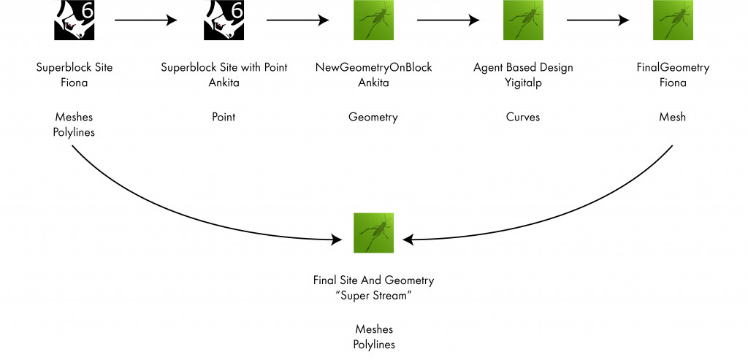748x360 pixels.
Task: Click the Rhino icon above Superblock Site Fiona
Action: point(75,20)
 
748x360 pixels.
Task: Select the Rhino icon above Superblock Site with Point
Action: point(224,20)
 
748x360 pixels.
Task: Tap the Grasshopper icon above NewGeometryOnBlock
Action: point(373,20)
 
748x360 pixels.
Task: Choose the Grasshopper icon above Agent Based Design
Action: point(523,20)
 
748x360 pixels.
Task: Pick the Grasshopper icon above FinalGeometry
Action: point(673,20)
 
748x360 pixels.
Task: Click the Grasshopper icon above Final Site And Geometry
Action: point(373,233)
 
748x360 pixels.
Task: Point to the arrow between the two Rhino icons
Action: point(146,20)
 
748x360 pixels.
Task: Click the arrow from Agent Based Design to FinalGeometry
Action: point(598,20)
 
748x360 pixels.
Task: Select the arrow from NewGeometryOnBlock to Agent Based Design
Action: point(448,20)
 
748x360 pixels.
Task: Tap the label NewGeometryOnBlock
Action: point(373,68)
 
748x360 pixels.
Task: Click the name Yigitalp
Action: point(523,83)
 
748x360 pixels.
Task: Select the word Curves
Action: point(523,117)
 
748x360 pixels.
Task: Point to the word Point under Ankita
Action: point(224,117)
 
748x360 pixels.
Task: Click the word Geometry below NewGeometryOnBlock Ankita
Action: point(373,117)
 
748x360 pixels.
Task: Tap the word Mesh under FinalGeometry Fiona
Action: point(673,117)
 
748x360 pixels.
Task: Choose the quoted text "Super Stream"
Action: point(373,295)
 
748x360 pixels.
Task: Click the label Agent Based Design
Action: point(523,68)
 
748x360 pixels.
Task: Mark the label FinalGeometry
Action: point(673,68)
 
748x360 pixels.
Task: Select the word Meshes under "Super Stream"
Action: point(373,329)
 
